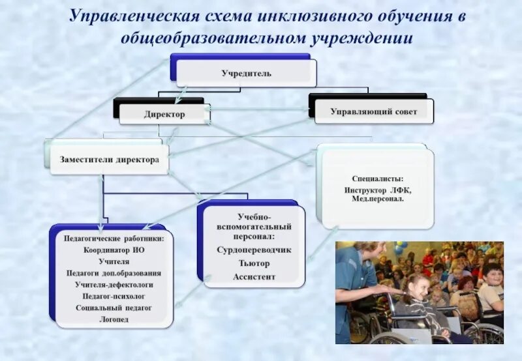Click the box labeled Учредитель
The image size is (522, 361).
coord(245,73)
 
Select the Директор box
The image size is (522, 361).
coord(164,114)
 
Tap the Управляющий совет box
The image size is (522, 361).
coord(374,112)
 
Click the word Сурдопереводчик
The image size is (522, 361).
coord(254,250)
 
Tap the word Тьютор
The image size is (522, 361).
coord(254,263)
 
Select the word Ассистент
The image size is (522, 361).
coord(254,277)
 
